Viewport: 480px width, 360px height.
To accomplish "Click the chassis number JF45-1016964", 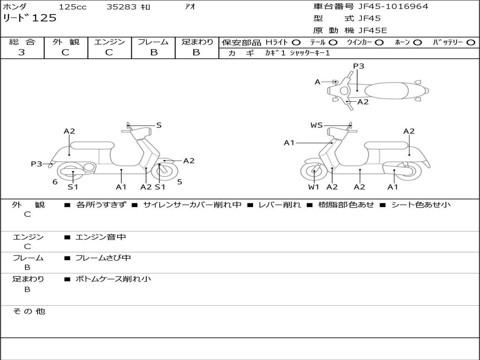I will [386, 7].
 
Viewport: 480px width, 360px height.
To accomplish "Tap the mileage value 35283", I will [121, 7].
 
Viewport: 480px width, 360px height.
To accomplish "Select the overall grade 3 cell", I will [22, 52].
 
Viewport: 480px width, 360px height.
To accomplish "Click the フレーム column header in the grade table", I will [153, 42].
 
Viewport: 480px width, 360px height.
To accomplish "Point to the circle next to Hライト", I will [296, 43].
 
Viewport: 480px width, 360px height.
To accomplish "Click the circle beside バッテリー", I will [470, 43].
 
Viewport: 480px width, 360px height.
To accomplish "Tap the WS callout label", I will [316, 125].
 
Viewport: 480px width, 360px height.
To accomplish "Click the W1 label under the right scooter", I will [314, 187].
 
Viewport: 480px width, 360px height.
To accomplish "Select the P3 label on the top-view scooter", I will [359, 66].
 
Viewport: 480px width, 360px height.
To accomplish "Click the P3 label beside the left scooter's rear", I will [37, 164].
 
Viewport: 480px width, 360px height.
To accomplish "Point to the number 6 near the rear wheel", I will [55, 181].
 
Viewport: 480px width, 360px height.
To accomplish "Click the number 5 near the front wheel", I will [180, 181].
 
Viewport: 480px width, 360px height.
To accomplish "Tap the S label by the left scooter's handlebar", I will [159, 125].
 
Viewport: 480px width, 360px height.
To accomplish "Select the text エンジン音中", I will [101, 237].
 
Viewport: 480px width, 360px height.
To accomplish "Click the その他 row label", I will [29, 311].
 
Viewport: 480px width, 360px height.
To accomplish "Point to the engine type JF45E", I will [373, 31].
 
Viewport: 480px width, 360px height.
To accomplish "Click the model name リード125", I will [30, 18].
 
